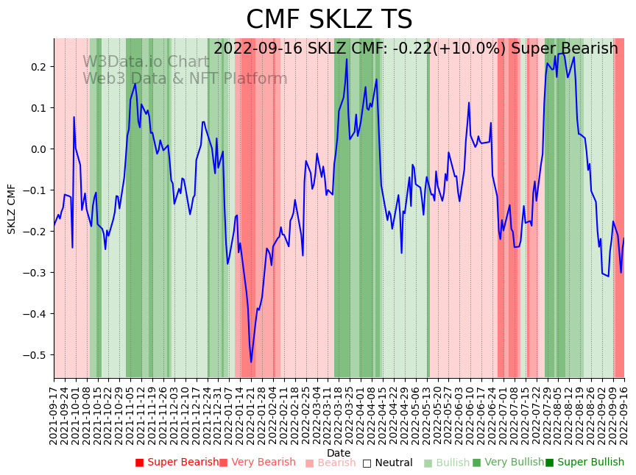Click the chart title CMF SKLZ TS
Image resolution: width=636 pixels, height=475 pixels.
[x=329, y=20]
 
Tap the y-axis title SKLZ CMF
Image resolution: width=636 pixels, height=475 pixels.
[x=12, y=209]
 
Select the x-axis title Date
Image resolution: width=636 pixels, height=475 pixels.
[x=339, y=453]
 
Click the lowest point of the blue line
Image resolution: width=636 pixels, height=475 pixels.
[x=250, y=362]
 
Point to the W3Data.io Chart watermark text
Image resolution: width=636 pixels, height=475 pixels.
[x=146, y=62]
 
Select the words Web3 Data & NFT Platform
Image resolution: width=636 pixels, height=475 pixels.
[x=185, y=79]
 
